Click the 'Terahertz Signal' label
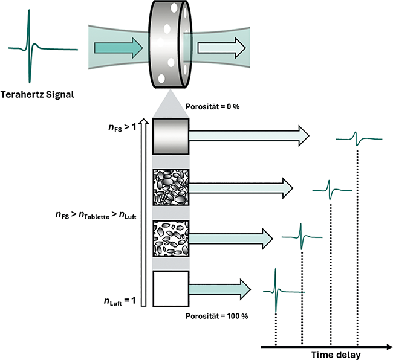click(42, 95)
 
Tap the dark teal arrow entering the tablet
click(125, 46)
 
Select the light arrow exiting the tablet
click(220, 46)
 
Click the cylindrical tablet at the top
click(169, 45)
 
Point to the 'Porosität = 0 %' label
click(215, 107)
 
